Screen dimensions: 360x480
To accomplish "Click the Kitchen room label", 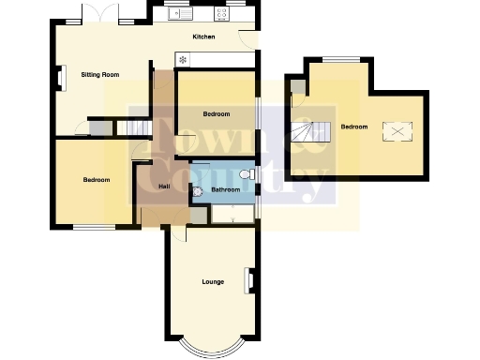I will click(203, 37).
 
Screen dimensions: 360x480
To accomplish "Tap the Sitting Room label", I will click(99, 73).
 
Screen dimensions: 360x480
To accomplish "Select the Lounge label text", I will click(214, 281).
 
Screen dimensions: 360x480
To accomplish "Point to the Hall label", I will click(164, 187).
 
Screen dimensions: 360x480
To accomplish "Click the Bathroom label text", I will click(225, 190).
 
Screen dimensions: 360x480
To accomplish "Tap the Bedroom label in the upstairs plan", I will click(353, 127).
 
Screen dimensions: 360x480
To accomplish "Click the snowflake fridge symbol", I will click(183, 60).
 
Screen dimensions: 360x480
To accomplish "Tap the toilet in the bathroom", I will click(246, 175).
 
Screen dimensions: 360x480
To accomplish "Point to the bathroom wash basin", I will click(196, 191).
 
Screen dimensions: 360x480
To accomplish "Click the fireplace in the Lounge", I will click(249, 280).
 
